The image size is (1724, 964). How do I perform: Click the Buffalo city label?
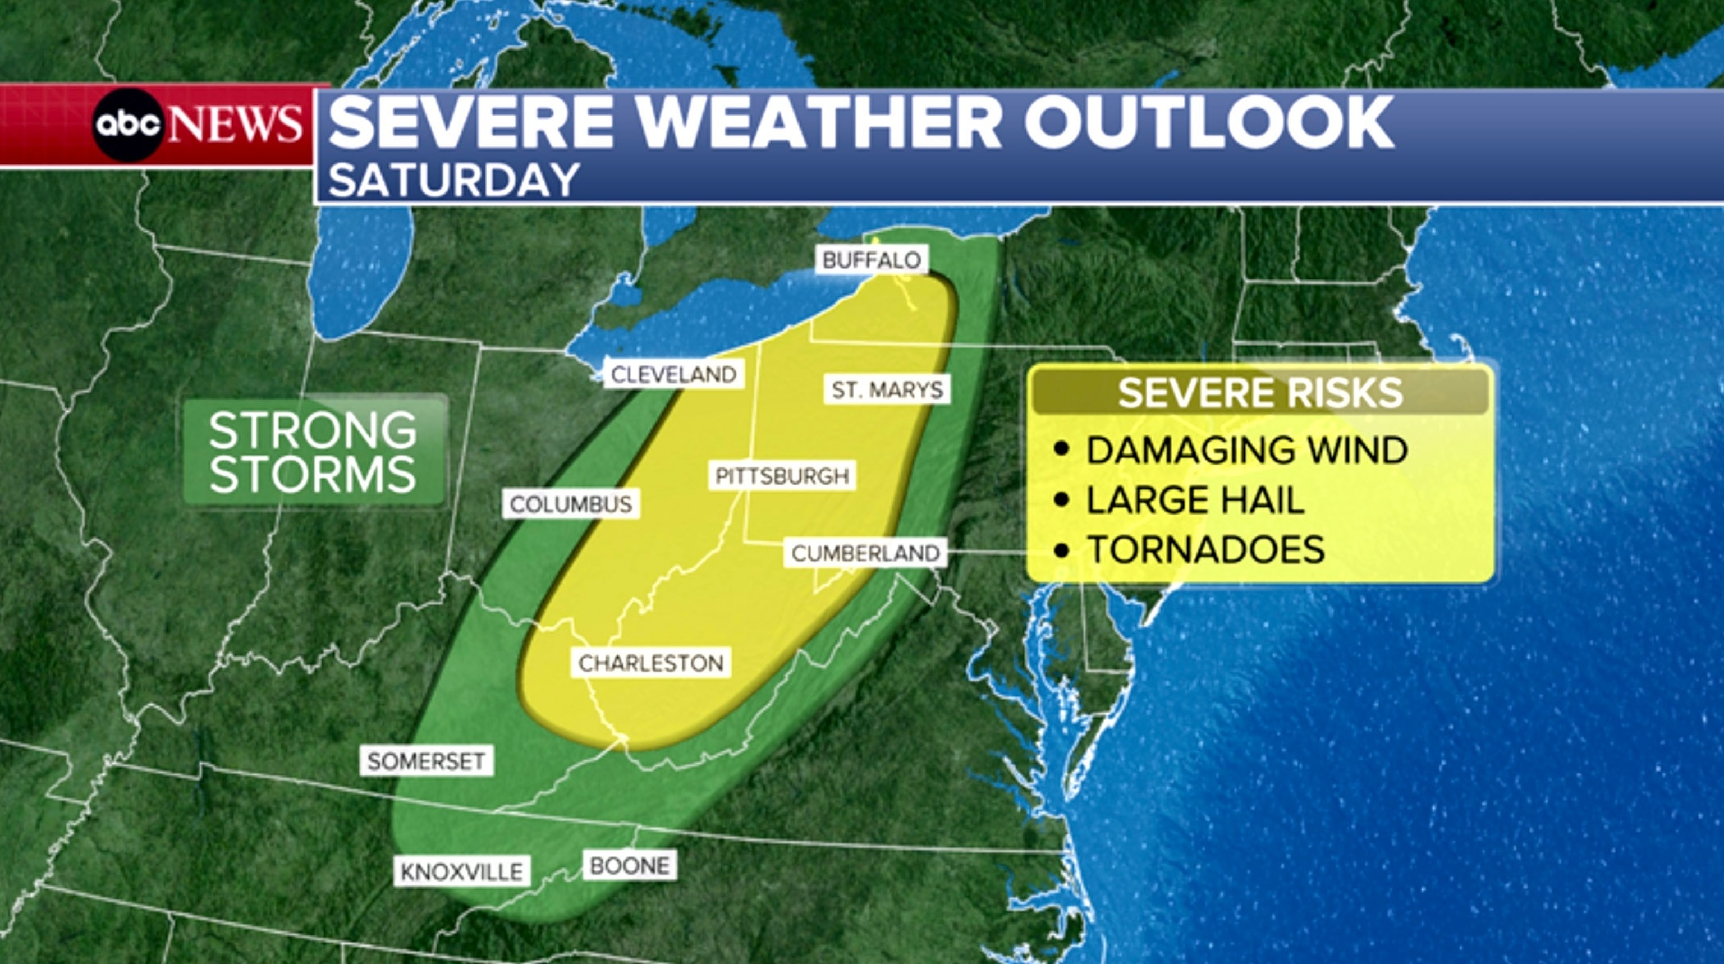point(872,260)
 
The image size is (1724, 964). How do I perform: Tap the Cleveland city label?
point(674,375)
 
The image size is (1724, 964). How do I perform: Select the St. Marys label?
point(887,389)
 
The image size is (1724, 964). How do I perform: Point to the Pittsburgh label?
point(782,476)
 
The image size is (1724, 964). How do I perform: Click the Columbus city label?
point(571,504)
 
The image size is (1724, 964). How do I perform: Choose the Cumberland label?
point(865,553)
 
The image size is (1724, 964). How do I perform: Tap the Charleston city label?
point(650,663)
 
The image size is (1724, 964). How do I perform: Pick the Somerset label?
point(427,761)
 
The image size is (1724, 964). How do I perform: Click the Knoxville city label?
point(462,871)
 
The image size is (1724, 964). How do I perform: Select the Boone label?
point(629,865)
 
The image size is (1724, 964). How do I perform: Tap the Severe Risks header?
point(1260,393)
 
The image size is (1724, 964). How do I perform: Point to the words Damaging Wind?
point(1246,449)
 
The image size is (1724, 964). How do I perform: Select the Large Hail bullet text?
point(1195,500)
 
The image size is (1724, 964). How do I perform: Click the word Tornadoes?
point(1205,549)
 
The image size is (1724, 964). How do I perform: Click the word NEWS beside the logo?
point(234,125)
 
